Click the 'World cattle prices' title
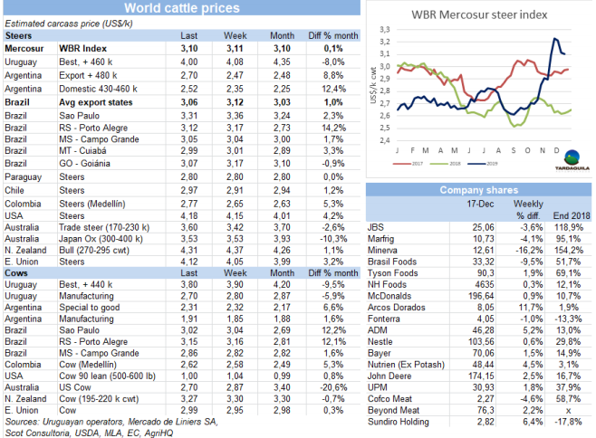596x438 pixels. [182, 8]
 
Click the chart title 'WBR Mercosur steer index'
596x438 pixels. [477, 14]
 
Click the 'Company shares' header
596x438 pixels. [478, 190]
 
